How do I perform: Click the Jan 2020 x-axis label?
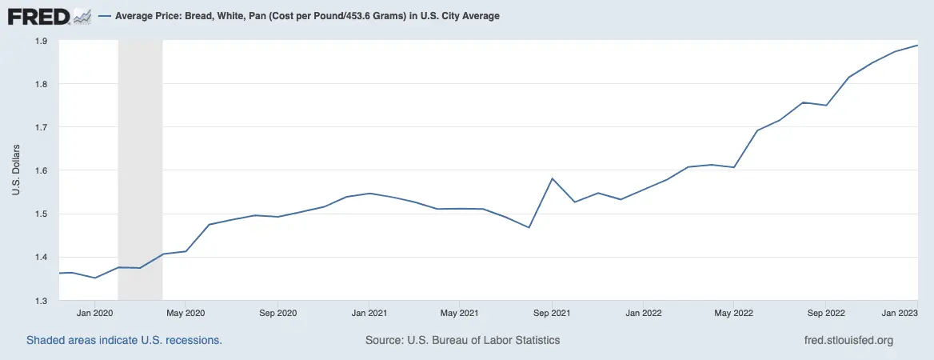(x=96, y=314)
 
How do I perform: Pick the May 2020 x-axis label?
(x=186, y=314)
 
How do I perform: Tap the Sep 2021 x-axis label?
(x=551, y=314)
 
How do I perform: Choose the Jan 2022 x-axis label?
(x=643, y=314)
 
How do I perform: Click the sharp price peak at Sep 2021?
(x=553, y=178)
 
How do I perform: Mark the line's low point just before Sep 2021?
(x=529, y=227)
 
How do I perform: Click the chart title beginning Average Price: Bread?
(x=308, y=16)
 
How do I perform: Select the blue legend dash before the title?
(x=105, y=16)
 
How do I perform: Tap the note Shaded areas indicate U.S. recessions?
(x=124, y=340)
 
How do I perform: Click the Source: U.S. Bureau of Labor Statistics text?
(x=462, y=340)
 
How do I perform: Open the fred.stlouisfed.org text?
(x=848, y=340)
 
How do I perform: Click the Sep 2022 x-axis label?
(x=826, y=314)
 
